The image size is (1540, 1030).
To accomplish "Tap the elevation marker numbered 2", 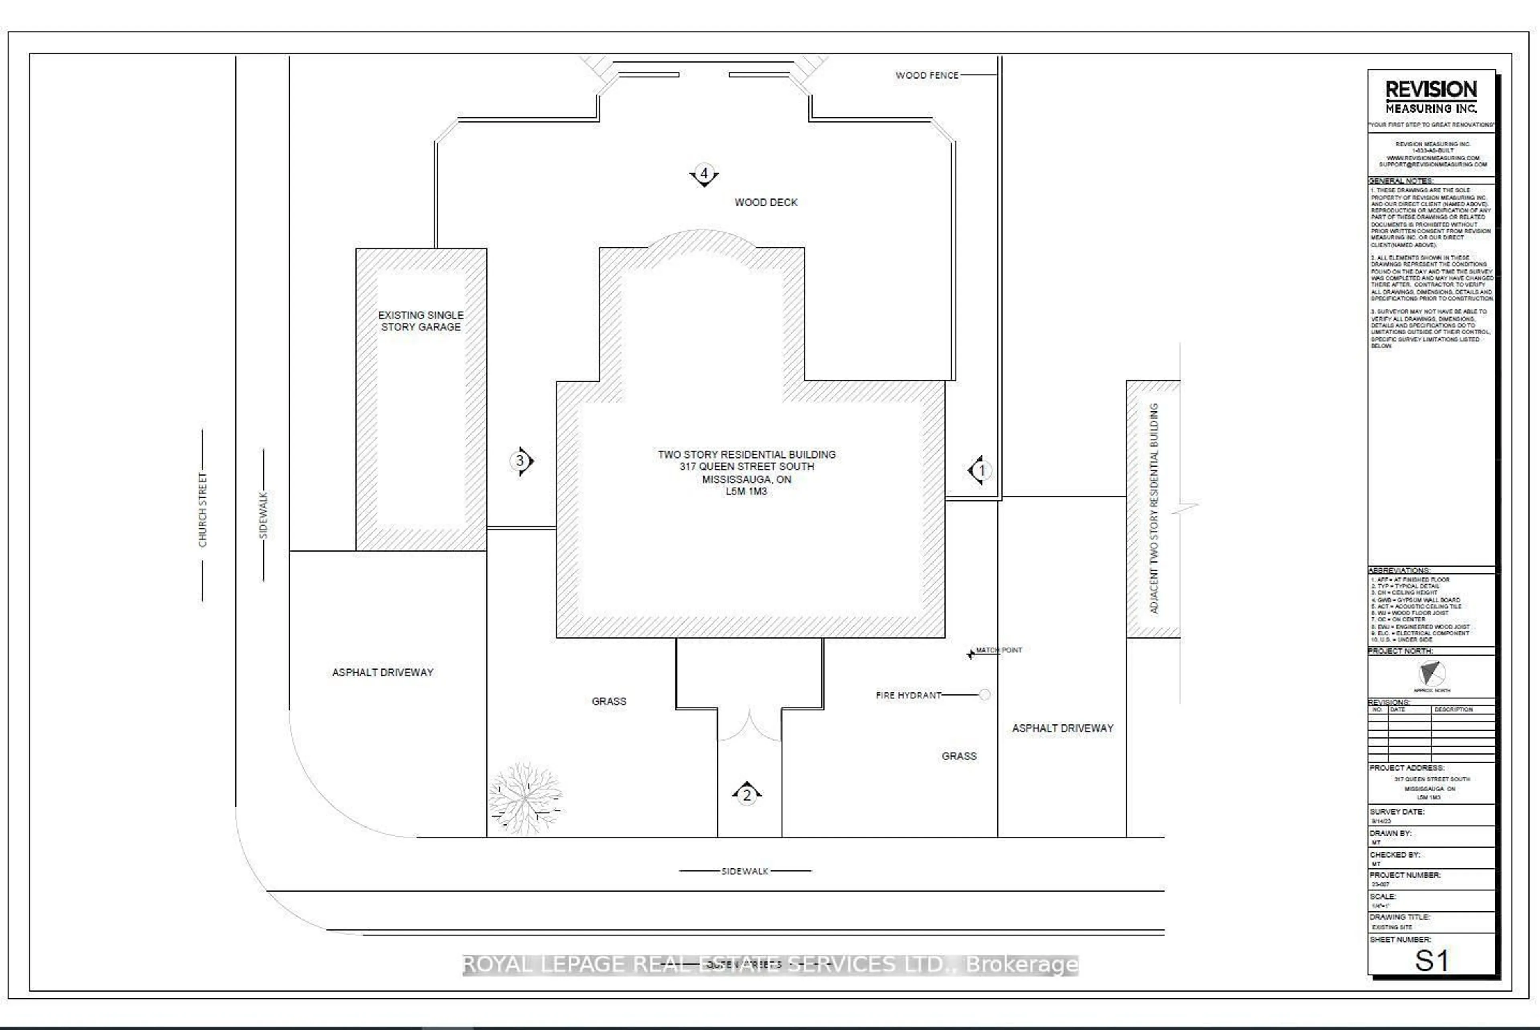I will coord(746,795).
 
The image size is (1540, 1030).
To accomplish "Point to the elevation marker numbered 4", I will coord(704,175).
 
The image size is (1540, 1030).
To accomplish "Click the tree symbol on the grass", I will coord(525,798).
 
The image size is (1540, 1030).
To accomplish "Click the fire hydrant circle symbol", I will coord(984,695).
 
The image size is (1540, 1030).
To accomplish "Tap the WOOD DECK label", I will coord(766,202).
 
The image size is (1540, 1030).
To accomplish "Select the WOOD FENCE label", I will coord(926,75).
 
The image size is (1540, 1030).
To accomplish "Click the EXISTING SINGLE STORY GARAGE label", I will coord(420,321).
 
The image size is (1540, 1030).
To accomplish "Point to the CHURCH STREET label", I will coord(203,509).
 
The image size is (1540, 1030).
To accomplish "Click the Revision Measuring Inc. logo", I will coord(1431,97).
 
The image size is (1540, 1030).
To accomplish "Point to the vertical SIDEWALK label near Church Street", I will coord(263,515).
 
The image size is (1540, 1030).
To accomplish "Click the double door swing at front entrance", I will coord(749,725).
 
